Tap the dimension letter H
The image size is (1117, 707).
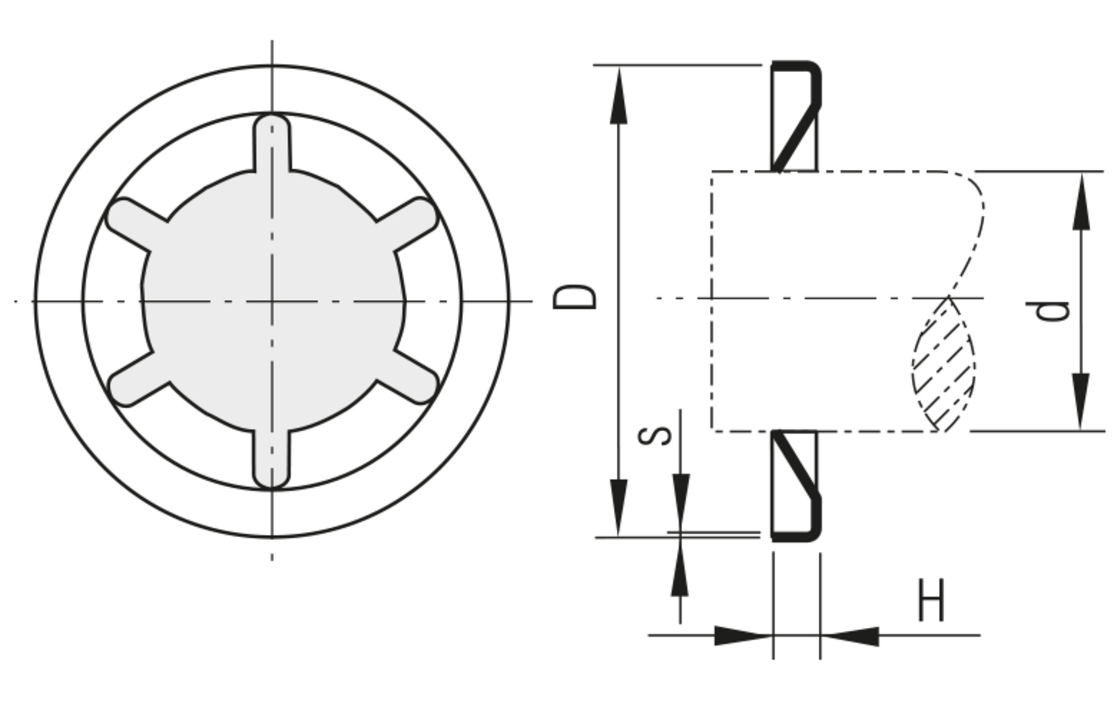coord(931,600)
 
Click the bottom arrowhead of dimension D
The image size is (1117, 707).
coord(618,506)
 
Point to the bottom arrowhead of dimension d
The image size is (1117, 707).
coord(1081,401)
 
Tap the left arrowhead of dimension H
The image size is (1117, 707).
coord(742,635)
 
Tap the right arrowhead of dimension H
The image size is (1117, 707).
coord(851,636)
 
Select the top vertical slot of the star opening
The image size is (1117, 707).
coord(272,142)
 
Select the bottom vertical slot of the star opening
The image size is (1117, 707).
coord(272,459)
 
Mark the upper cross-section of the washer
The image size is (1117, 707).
coord(795,116)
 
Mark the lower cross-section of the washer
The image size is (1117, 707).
coord(795,485)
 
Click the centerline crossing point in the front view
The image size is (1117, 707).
coord(272,301)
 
